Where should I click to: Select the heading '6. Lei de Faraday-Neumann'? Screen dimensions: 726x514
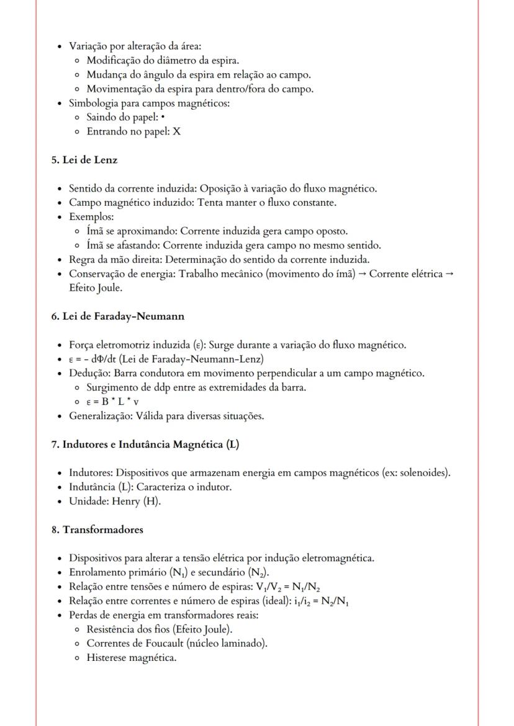pyautogui.click(x=117, y=316)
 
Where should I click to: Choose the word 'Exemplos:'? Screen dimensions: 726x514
pyautogui.click(x=87, y=217)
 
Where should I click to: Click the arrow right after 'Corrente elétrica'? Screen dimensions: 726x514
pyautogui.click(x=450, y=274)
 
